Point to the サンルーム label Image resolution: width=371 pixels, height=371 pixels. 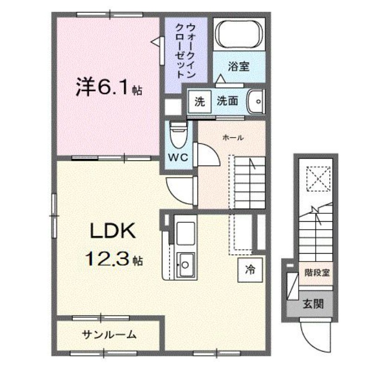[x=109, y=334]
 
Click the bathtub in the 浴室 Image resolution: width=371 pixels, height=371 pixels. [x=239, y=35]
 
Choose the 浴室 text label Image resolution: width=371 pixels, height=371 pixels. [x=239, y=66]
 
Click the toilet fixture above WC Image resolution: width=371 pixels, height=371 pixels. [x=178, y=134]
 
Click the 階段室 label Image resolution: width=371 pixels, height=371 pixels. [x=317, y=272]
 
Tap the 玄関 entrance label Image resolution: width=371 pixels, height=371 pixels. [x=313, y=304]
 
